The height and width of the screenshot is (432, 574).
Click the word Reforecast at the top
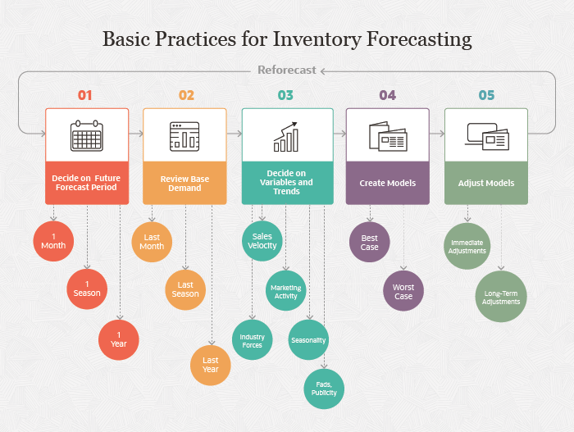286,70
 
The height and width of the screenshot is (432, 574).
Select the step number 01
85,95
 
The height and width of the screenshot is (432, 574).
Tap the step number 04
387,95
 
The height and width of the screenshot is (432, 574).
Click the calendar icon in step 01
86,134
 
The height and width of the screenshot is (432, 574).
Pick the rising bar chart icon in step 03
286,138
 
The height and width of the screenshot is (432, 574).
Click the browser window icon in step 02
184,135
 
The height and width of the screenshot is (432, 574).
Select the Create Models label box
387,183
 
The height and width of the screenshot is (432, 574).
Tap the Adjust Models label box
486,183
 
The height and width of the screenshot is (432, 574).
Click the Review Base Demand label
184,183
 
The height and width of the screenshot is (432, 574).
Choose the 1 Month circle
53,241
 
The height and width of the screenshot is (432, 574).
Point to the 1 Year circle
119,339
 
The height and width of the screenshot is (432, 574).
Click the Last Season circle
184,289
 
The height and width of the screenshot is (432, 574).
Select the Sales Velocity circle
262,241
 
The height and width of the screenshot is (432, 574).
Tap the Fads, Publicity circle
324,388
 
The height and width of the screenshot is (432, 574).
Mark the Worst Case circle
403,291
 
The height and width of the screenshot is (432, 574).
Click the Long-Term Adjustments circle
501,297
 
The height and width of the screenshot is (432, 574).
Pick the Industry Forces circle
253,340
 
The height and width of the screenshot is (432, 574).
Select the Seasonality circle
308,339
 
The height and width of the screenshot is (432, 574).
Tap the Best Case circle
370,242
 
